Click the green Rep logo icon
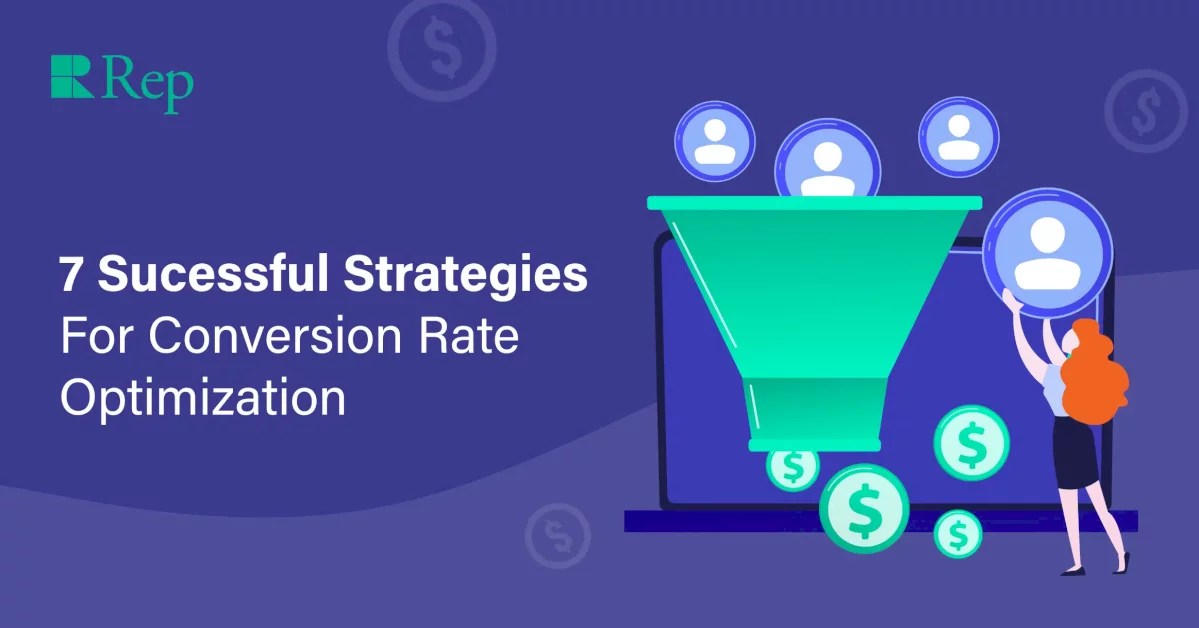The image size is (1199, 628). (71, 77)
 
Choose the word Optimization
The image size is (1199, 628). (203, 398)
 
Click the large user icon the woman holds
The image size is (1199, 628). (1047, 252)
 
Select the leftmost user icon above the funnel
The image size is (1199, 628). (714, 140)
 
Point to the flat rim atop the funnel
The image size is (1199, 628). (814, 203)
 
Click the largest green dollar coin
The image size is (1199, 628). (864, 508)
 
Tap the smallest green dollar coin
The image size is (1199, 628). (957, 533)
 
